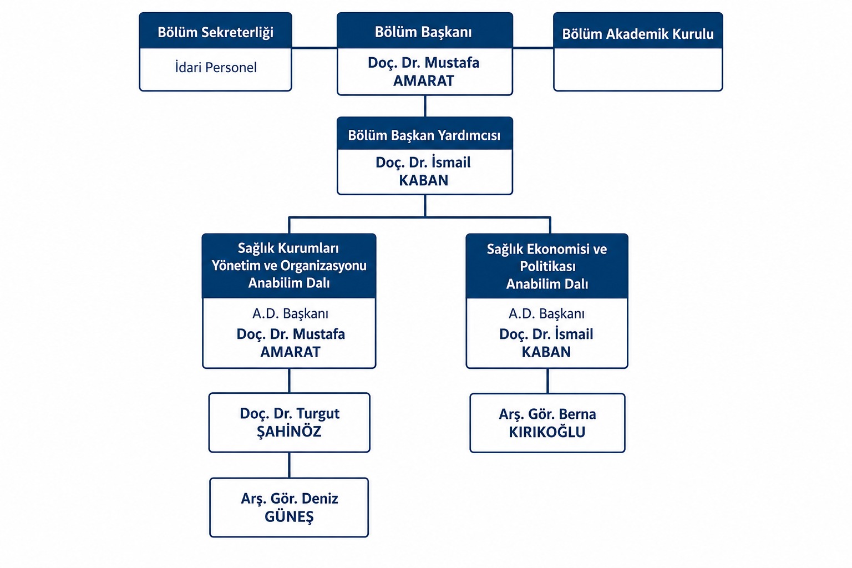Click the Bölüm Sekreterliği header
[x=216, y=31]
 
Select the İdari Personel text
[x=216, y=67]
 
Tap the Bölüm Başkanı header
[x=425, y=31]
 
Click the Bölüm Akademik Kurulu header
[x=638, y=31]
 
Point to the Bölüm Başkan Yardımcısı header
[x=425, y=134]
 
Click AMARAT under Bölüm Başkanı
[x=424, y=80]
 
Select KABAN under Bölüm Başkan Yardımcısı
[x=424, y=180]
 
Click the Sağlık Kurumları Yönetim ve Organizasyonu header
[x=289, y=266]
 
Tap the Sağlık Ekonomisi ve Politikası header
[x=547, y=266]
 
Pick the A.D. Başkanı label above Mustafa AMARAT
[x=290, y=313]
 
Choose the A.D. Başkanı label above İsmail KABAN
[x=546, y=313]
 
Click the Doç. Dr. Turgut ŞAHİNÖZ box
[x=290, y=423]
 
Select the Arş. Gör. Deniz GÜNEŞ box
[x=289, y=508]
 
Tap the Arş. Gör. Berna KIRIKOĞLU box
[x=547, y=423]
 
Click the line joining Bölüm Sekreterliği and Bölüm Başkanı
[x=315, y=48]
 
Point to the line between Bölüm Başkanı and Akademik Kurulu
[x=533, y=48]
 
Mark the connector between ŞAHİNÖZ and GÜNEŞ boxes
[x=290, y=465]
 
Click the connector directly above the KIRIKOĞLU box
[x=547, y=381]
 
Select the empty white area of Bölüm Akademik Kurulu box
[x=638, y=69]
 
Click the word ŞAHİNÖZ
[x=289, y=432]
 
